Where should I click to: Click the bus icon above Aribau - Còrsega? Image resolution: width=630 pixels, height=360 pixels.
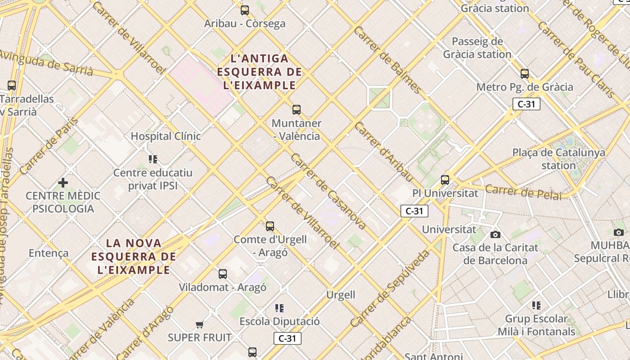(x=245, y=10)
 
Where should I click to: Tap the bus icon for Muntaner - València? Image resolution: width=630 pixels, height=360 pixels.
(x=296, y=109)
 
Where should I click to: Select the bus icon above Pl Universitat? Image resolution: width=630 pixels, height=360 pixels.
(x=445, y=180)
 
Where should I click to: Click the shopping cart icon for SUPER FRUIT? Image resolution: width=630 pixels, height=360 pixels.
(x=200, y=324)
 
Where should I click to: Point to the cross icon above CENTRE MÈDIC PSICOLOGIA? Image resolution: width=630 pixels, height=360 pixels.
(x=63, y=183)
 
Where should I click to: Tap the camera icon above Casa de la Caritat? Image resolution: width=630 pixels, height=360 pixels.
(x=495, y=234)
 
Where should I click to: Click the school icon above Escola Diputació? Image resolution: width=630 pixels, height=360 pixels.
(x=279, y=308)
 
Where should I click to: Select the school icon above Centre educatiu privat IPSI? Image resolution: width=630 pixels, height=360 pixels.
(x=153, y=159)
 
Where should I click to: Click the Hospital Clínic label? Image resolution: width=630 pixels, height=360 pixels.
(x=166, y=136)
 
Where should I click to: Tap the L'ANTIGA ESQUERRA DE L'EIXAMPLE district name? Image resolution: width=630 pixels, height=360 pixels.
(x=259, y=72)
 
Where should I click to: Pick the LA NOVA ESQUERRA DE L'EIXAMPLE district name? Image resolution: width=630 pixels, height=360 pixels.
(x=134, y=256)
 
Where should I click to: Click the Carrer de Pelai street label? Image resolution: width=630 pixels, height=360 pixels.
(x=523, y=192)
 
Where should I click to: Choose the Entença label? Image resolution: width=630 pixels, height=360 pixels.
(x=49, y=253)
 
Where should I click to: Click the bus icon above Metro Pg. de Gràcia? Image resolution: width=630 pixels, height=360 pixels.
(x=525, y=73)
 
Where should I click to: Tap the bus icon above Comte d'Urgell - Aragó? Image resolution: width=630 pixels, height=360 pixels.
(x=270, y=226)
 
